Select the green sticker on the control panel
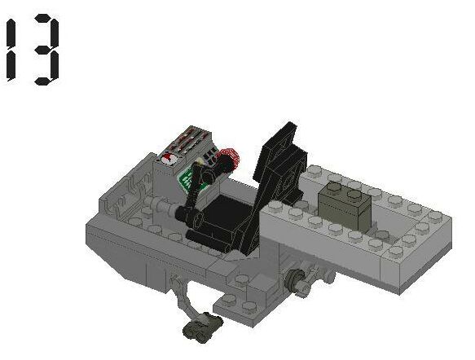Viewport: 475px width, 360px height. tap(192, 177)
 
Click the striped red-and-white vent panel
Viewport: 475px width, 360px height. tap(190, 143)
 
